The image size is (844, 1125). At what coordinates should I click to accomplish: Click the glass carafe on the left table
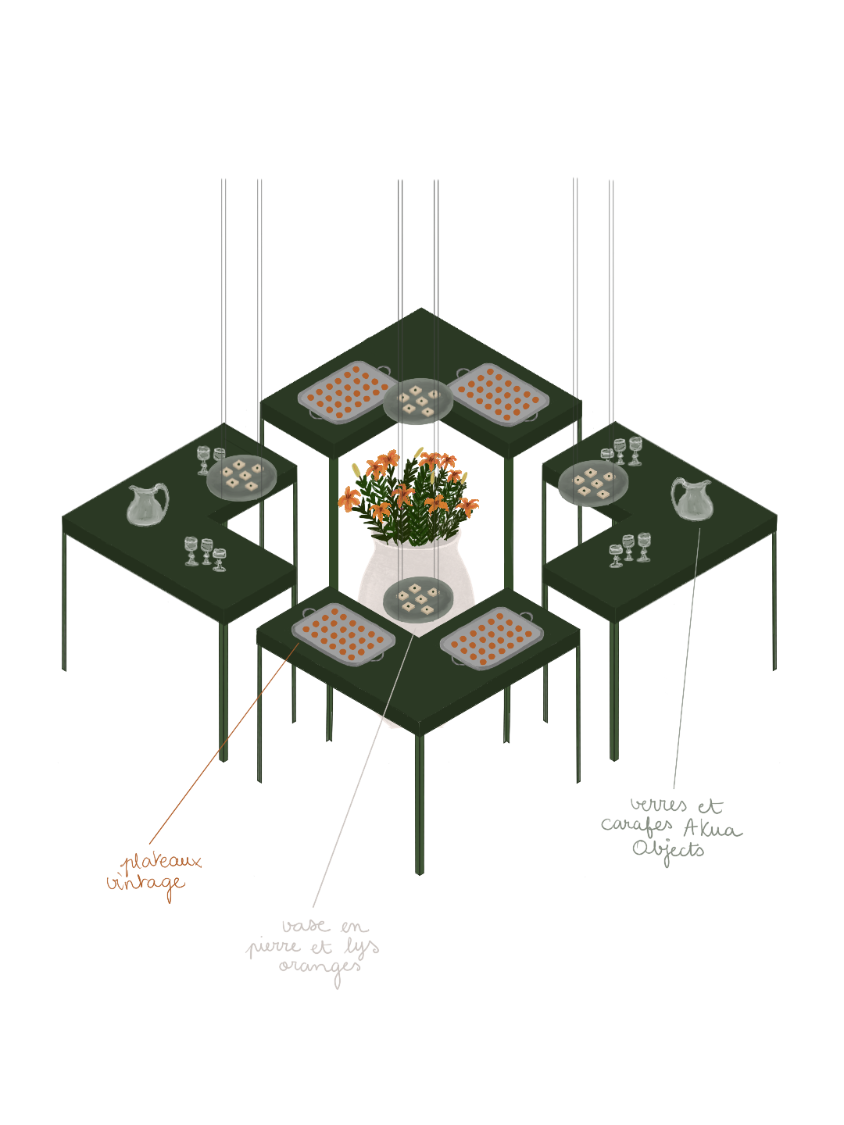(x=147, y=505)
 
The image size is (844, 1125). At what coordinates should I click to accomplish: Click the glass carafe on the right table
(x=692, y=499)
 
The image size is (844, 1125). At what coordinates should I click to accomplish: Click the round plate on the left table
(x=241, y=477)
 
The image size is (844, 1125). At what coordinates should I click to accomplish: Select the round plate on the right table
(x=593, y=483)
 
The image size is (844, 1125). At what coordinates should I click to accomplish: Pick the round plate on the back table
(x=418, y=400)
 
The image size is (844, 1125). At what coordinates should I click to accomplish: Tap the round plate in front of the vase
(x=418, y=598)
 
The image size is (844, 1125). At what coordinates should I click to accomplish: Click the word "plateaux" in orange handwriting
(x=163, y=862)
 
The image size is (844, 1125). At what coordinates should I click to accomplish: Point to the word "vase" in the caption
(x=306, y=927)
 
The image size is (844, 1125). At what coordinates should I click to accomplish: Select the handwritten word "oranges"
(x=320, y=968)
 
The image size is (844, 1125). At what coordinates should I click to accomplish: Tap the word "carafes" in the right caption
(x=637, y=826)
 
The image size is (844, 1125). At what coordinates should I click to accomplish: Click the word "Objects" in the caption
(x=668, y=850)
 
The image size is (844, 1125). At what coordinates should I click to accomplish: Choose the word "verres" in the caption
(x=659, y=805)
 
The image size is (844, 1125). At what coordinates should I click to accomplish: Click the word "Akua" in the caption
(x=712, y=828)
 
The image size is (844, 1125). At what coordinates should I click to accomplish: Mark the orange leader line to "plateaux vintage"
(x=223, y=746)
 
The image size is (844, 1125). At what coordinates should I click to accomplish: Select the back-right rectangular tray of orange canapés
(x=498, y=395)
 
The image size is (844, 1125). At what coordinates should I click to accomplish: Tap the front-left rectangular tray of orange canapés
(x=343, y=633)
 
